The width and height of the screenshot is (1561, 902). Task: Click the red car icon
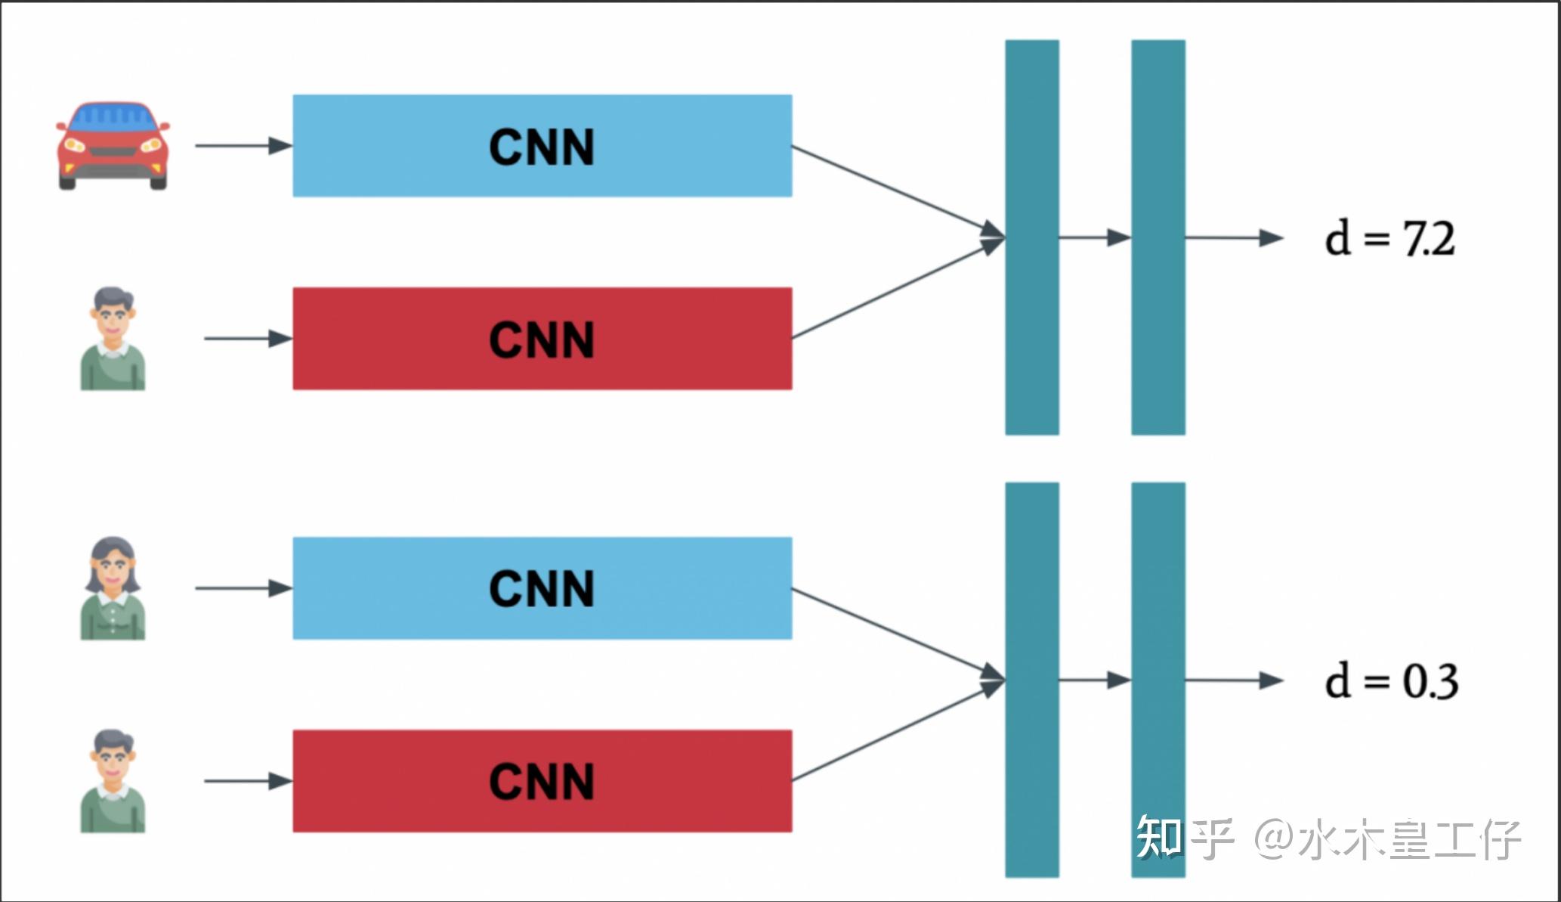tap(113, 145)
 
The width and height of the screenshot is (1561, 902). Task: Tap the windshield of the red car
tap(113, 116)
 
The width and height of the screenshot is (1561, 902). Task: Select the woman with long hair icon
tap(113, 588)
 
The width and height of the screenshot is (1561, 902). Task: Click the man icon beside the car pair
tap(113, 339)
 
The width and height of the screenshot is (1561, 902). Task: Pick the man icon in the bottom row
tap(113, 781)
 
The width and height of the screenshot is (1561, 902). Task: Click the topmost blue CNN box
tap(542, 146)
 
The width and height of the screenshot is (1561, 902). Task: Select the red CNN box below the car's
tap(542, 339)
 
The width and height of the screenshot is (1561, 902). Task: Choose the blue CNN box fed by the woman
tap(542, 588)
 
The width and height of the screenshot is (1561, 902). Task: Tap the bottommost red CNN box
tap(542, 781)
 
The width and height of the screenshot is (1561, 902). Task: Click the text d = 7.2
tap(1389, 238)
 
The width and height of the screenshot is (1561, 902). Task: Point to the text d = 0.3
tap(1391, 680)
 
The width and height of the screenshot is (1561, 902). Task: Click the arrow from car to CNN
tap(243, 145)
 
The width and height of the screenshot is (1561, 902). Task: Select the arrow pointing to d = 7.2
tap(1234, 238)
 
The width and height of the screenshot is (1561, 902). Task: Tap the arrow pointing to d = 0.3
tap(1234, 680)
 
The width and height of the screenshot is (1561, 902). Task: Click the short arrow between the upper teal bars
tap(1095, 238)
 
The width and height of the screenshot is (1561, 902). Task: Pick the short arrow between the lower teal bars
tap(1095, 680)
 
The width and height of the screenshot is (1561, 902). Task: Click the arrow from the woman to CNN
tap(243, 588)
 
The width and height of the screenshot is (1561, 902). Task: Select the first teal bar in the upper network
tap(1031, 237)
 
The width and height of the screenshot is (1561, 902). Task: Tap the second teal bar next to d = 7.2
tap(1158, 237)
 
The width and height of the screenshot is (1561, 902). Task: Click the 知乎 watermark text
tap(1184, 838)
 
